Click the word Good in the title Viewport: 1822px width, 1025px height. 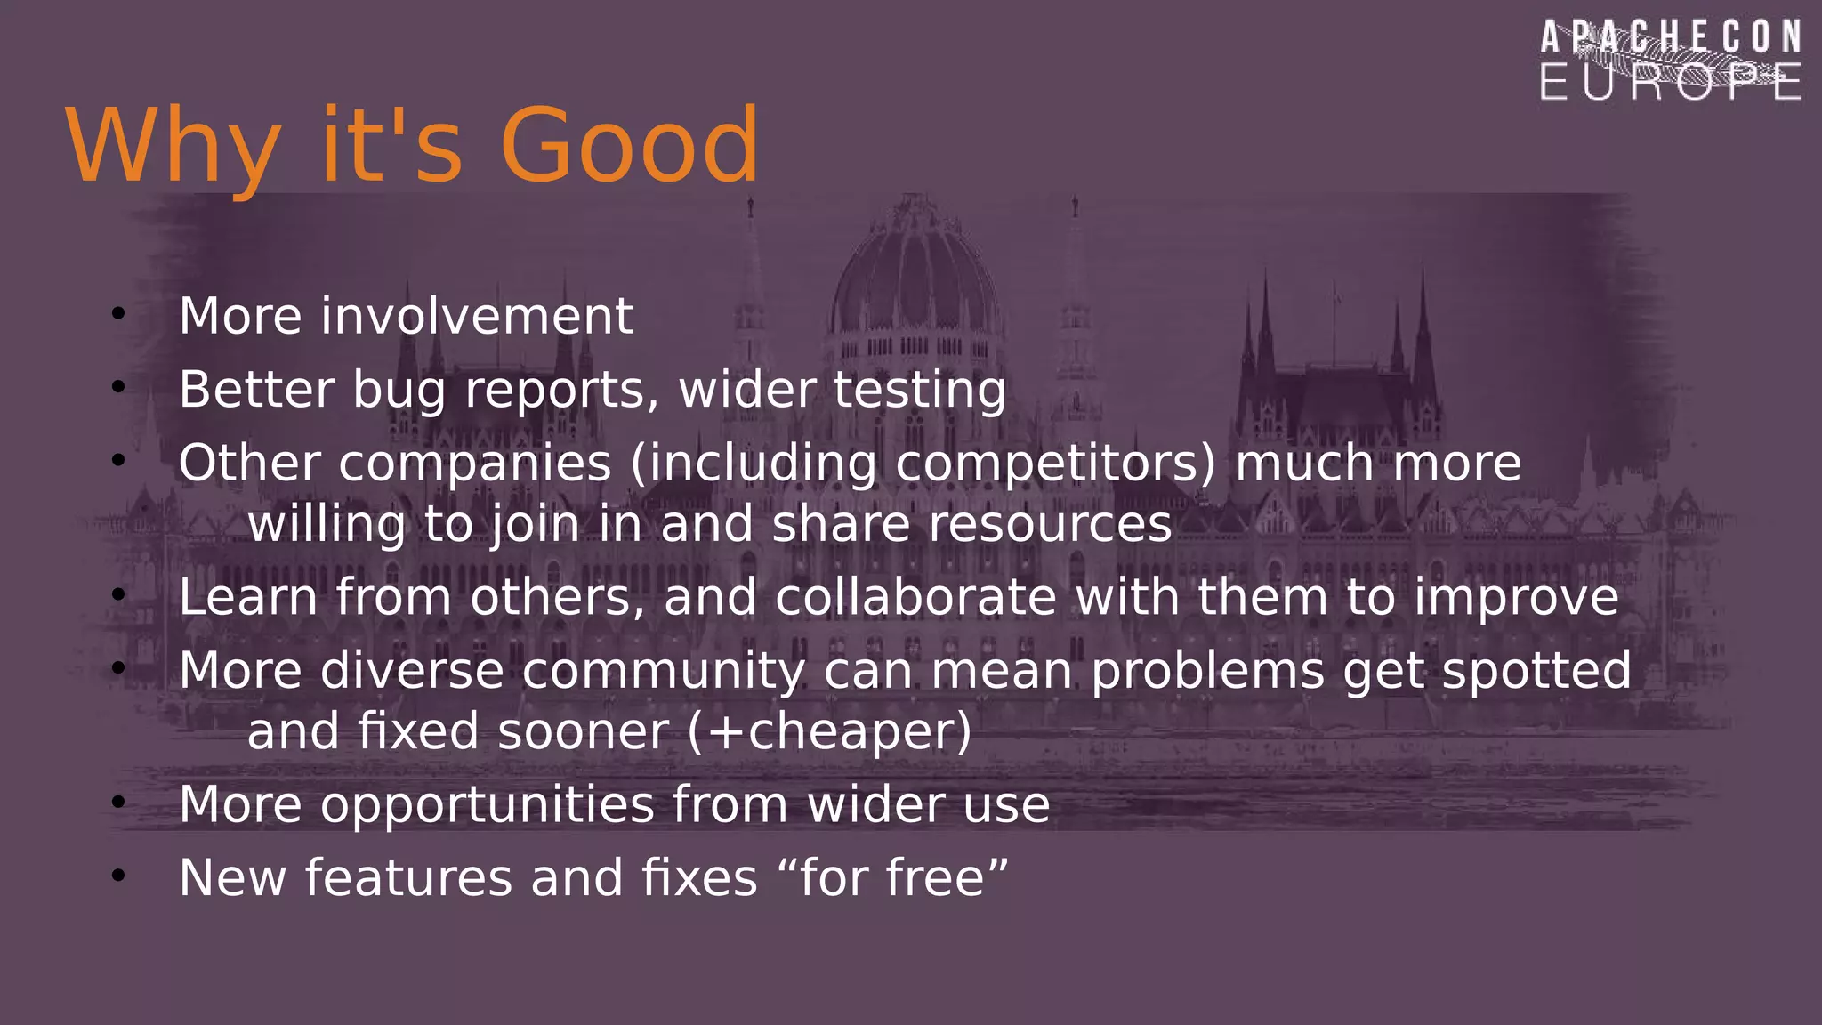pyautogui.click(x=629, y=146)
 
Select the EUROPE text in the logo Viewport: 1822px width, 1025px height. pyautogui.click(x=1671, y=83)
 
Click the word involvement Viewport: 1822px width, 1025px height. pyautogui.click(x=477, y=317)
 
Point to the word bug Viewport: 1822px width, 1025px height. pyautogui.click(x=399, y=391)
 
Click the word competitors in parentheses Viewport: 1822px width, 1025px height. pyautogui.click(x=1054, y=464)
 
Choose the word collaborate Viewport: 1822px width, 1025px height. pyautogui.click(x=915, y=597)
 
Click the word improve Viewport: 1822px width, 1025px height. pyautogui.click(x=1516, y=599)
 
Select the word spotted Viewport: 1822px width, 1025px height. pyautogui.click(x=1536, y=673)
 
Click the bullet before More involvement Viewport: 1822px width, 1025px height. pyautogui.click(x=118, y=313)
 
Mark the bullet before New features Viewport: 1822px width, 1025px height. pyautogui.click(x=118, y=876)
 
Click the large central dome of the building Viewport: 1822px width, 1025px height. pyautogui.click(x=914, y=267)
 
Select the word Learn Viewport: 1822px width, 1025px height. pyautogui.click(x=248, y=597)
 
